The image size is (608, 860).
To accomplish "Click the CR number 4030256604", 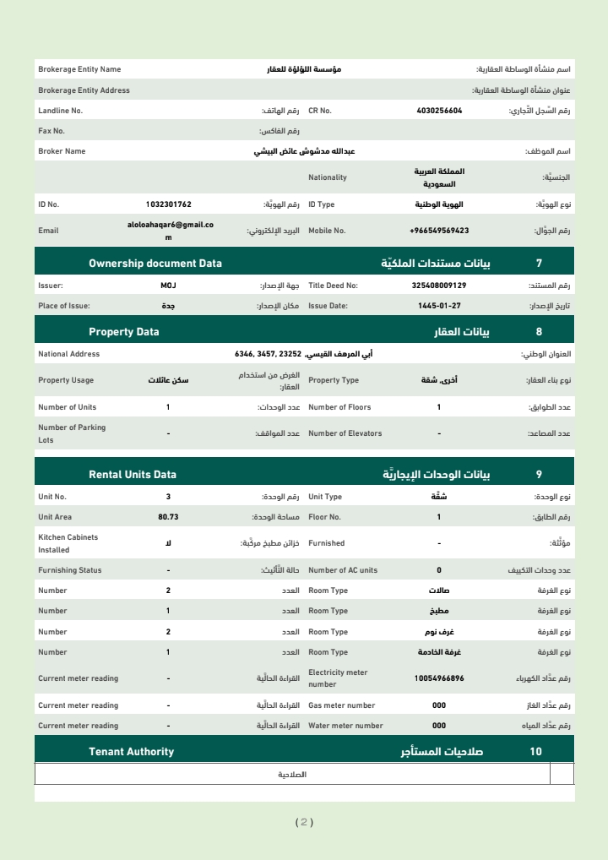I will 439,111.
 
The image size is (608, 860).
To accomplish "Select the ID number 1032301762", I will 168,204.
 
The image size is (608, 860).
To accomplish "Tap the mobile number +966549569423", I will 439,231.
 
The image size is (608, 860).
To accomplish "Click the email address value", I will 168,231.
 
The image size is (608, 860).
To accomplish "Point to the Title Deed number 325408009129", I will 439,286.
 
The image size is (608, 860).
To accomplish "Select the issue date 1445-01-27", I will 439,306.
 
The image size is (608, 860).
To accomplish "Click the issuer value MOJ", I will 168,286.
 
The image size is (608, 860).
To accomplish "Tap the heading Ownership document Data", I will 155,264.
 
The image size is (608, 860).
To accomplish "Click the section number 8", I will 539,332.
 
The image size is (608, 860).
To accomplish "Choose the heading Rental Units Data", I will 133,475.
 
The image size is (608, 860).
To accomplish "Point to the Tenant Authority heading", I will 131,752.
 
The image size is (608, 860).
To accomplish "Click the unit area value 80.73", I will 168,517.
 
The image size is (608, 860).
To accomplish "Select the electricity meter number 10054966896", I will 439,678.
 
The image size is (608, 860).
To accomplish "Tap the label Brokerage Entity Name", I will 79,69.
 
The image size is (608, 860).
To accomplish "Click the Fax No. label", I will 52,131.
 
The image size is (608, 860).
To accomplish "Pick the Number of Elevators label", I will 345,433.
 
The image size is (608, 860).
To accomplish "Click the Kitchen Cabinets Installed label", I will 68,543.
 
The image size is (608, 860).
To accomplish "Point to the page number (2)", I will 304,822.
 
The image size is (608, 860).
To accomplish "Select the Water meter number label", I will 345,726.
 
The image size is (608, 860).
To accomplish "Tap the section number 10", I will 536,752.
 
